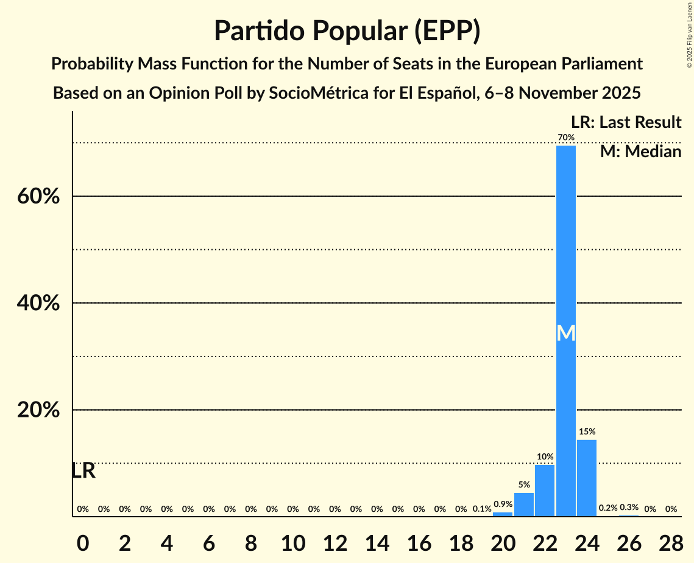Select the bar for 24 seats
click(587, 478)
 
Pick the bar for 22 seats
click(545, 490)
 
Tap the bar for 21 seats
click(524, 505)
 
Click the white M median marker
click(566, 333)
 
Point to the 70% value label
click(566, 137)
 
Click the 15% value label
click(587, 431)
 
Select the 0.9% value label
click(503, 504)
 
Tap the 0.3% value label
click(629, 508)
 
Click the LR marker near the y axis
click(83, 471)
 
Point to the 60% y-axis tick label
click(38, 197)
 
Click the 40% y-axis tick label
click(38, 303)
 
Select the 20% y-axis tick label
click(38, 410)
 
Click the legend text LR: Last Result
click(626, 122)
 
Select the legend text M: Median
click(640, 151)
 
